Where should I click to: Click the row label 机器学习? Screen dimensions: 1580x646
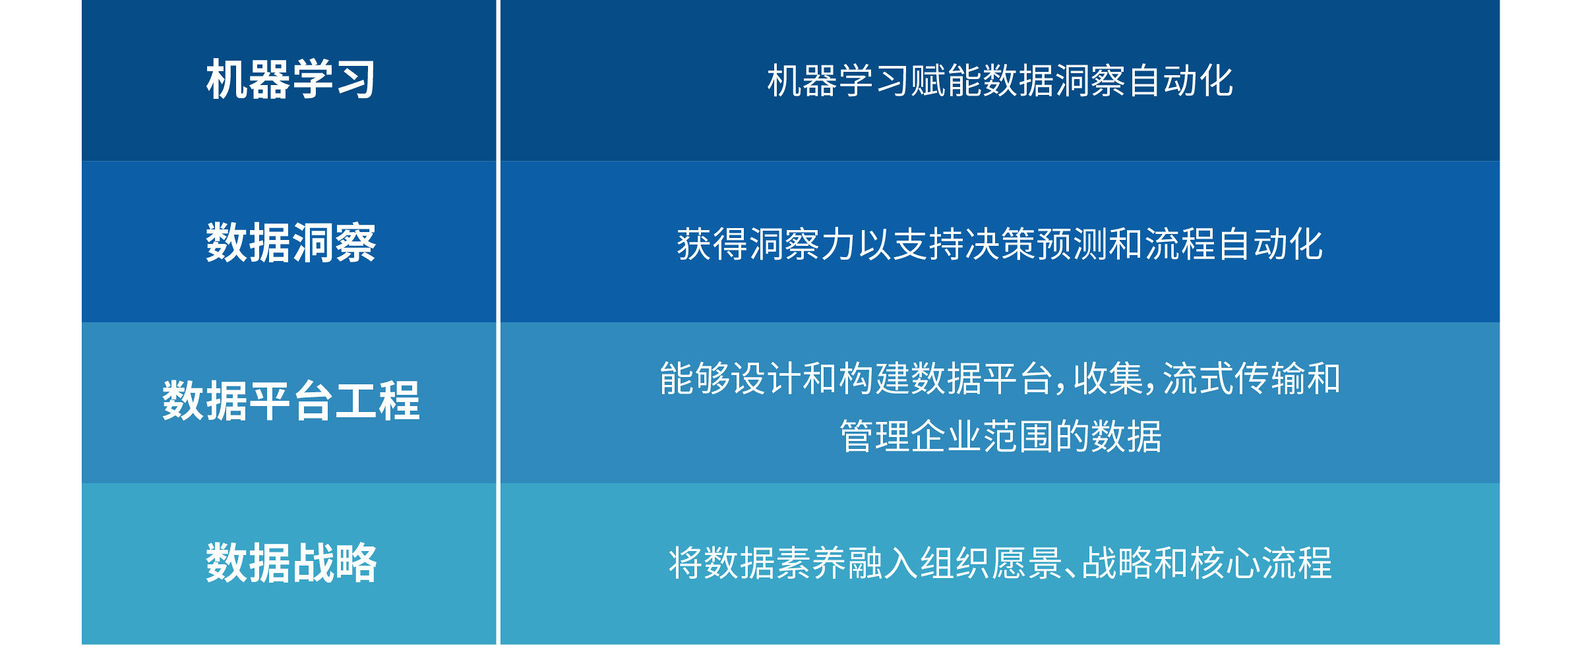(x=291, y=80)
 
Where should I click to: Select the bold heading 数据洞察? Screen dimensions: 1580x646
(x=291, y=243)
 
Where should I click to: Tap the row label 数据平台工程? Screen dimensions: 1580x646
(x=291, y=401)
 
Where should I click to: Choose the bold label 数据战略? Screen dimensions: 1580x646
(x=291, y=563)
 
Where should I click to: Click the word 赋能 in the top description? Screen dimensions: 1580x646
(x=946, y=81)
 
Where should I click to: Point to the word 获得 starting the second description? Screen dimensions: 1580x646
(x=712, y=244)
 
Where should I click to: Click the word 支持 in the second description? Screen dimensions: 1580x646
(x=928, y=244)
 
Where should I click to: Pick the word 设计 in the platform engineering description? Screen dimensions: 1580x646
(x=766, y=379)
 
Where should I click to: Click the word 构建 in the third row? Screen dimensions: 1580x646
(x=874, y=379)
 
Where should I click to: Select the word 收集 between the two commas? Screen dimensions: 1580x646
(x=1109, y=379)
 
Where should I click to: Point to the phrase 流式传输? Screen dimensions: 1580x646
(x=1233, y=379)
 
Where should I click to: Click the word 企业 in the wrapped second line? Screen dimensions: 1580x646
(x=946, y=436)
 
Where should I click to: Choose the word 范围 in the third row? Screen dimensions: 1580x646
(x=1018, y=436)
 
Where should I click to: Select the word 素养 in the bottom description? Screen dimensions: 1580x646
(x=811, y=564)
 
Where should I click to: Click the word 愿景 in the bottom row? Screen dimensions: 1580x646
(x=1027, y=564)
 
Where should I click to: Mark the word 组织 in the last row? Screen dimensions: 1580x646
(x=955, y=564)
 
